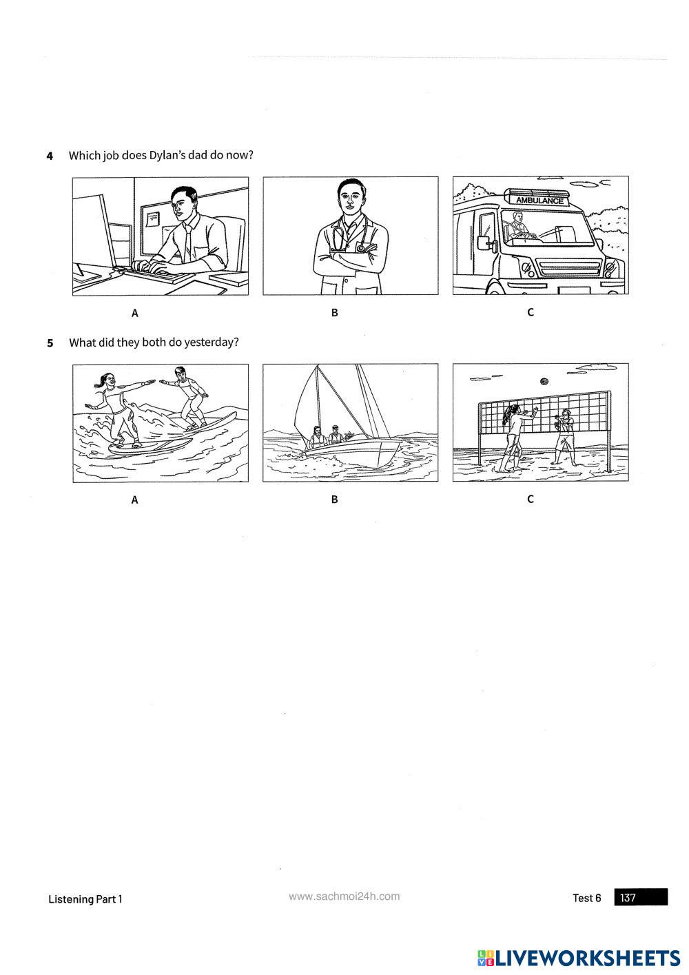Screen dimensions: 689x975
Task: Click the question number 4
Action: [50, 156]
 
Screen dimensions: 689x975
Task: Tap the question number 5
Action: [50, 343]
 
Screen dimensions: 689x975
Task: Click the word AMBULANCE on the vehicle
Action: [539, 201]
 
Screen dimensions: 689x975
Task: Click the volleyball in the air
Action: [544, 382]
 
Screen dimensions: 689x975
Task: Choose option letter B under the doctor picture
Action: [334, 313]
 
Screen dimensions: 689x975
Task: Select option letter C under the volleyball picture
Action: [530, 499]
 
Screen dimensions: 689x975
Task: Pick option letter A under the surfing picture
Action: [134, 500]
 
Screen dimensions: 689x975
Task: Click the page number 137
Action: [628, 898]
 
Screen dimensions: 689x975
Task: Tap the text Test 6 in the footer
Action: [587, 898]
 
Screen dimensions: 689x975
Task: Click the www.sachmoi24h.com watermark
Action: [344, 896]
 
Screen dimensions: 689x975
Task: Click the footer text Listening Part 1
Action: [85, 899]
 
